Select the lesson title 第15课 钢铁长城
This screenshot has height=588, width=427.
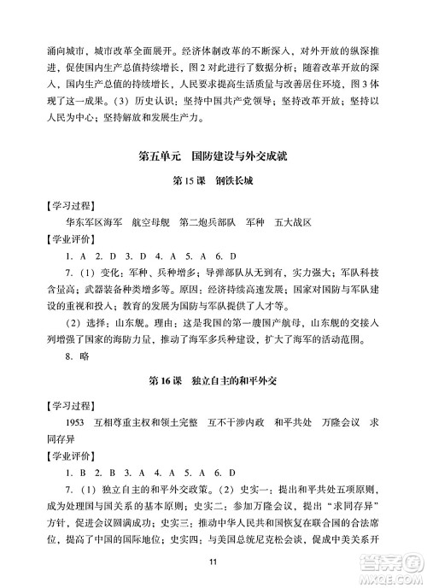(213, 183)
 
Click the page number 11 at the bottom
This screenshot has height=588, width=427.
(213, 560)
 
